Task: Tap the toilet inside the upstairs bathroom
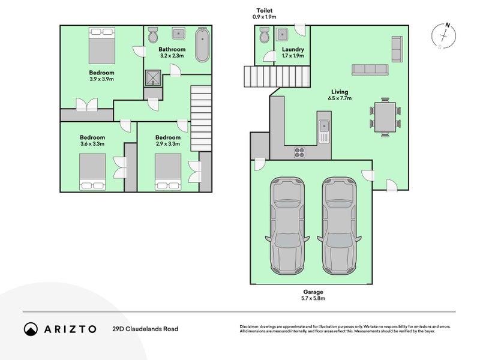coord(153,35)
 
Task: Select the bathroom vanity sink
coord(178,34)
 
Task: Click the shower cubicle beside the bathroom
coord(154,77)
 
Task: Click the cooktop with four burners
coord(299,152)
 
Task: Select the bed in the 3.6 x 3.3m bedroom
coord(92,171)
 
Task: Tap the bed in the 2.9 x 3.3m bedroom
coord(168,171)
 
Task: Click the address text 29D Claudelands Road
coord(145,329)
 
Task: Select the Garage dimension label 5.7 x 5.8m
coord(309,298)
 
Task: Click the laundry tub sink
coord(283,34)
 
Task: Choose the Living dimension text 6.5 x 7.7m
coord(340,98)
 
